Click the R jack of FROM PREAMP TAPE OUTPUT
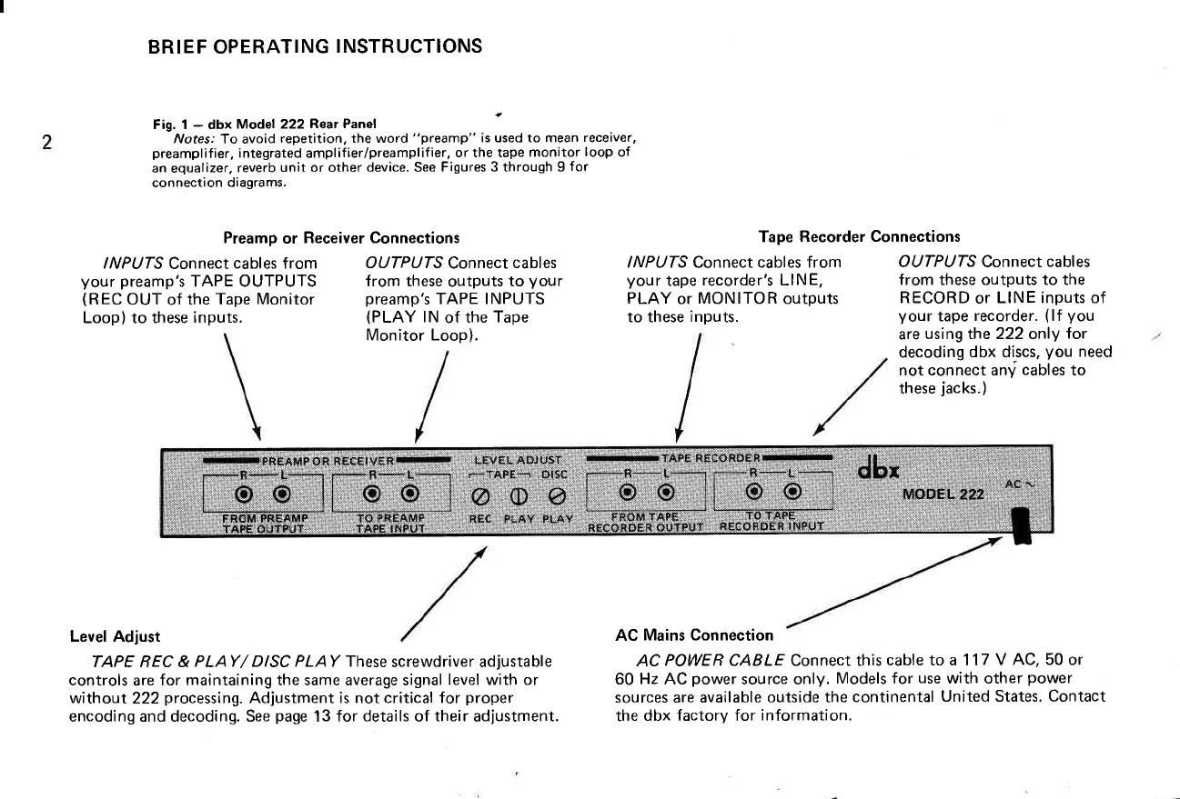(x=243, y=494)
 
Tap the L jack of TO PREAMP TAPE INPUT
(x=410, y=494)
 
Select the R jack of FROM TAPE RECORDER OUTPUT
(x=627, y=494)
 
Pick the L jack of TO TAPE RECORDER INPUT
(x=793, y=494)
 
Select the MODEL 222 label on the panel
(x=943, y=494)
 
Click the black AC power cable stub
(x=1020, y=526)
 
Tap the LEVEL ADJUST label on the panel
(x=518, y=460)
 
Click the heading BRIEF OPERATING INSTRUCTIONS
(x=315, y=45)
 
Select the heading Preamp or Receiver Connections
(x=341, y=238)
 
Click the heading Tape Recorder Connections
(x=859, y=237)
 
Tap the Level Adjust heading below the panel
(x=115, y=636)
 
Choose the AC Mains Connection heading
(x=694, y=634)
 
